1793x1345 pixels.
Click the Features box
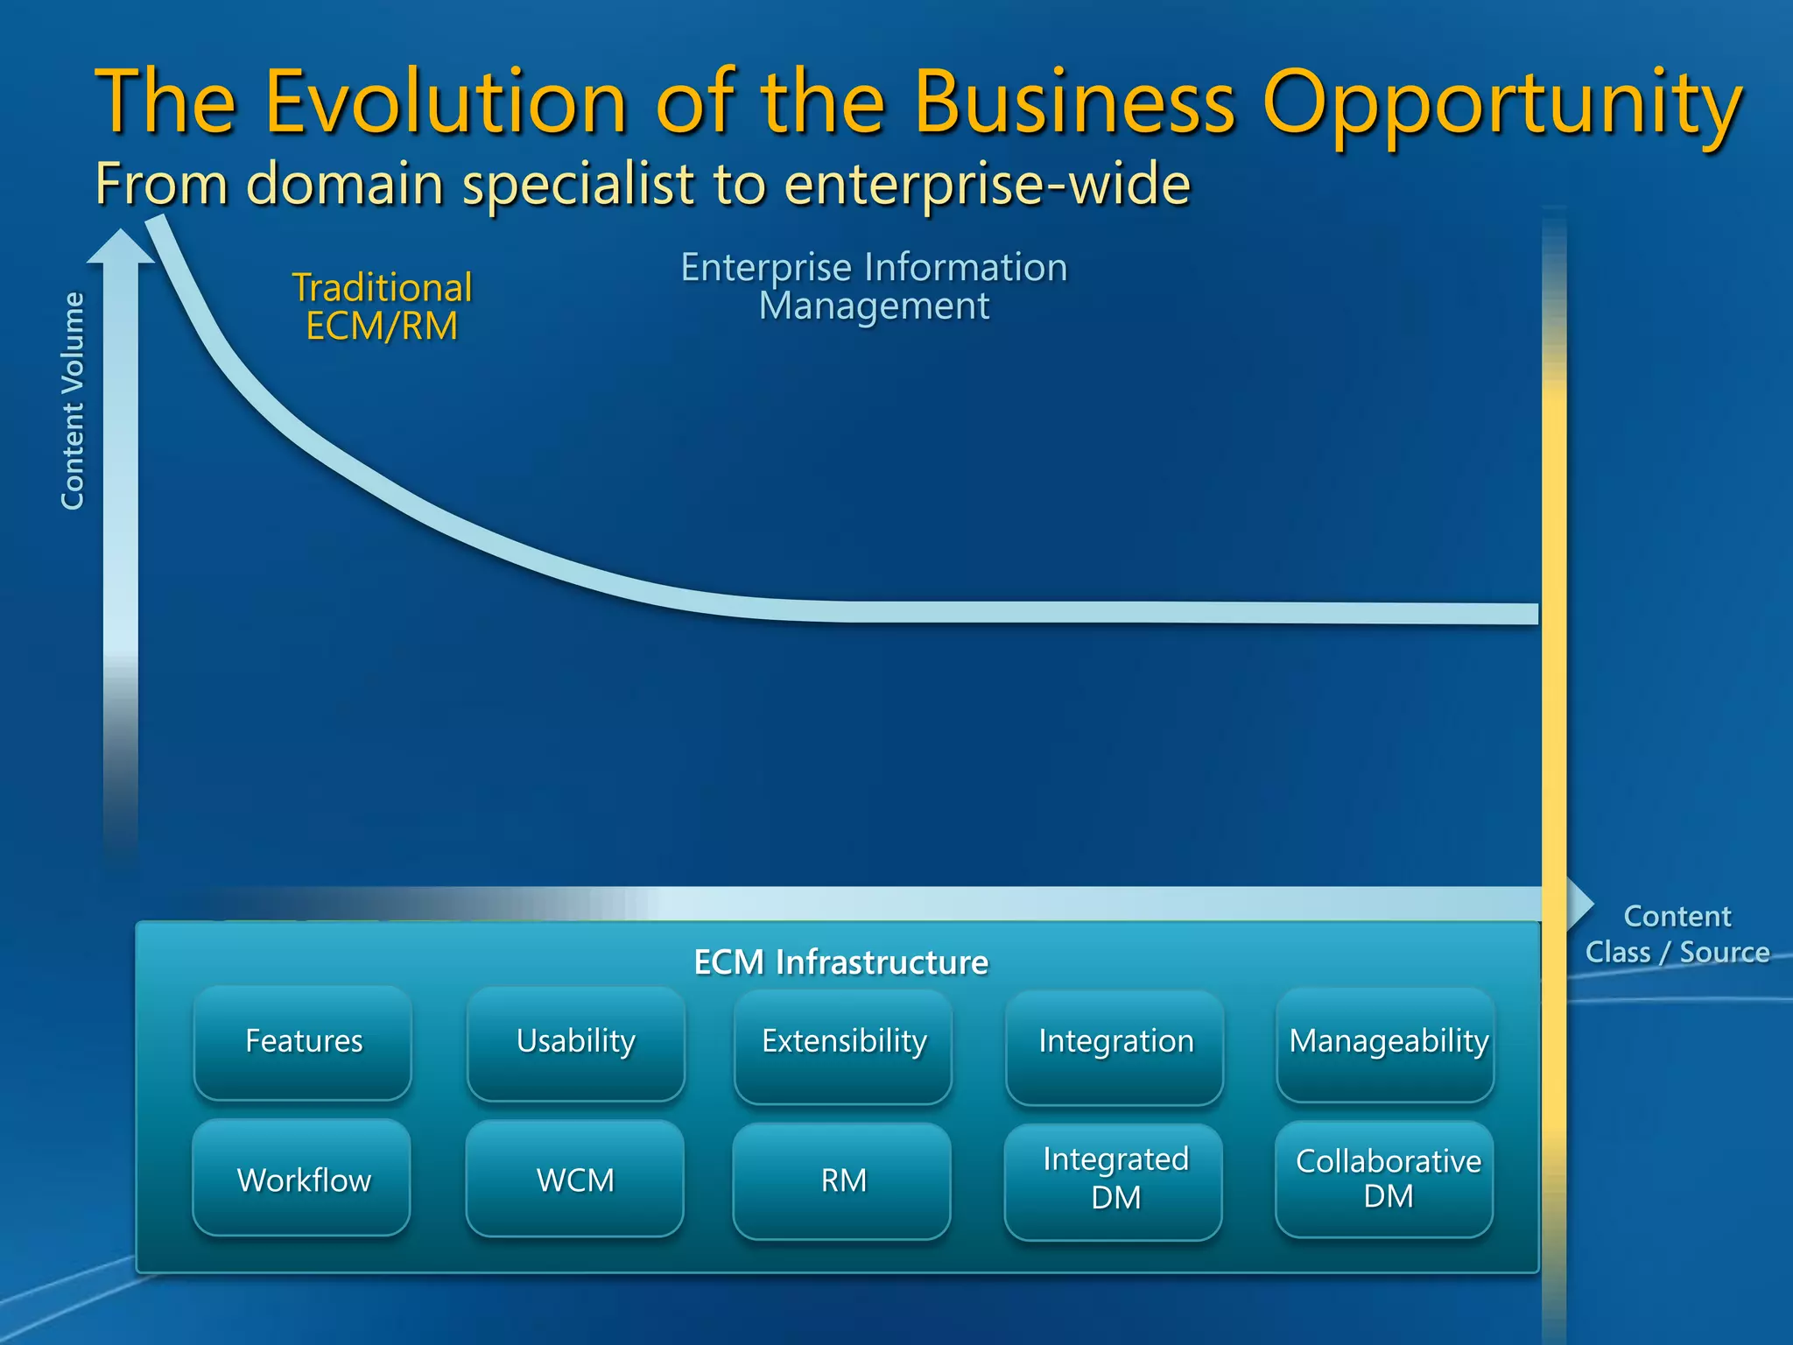(x=303, y=1042)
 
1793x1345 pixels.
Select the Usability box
(x=575, y=1042)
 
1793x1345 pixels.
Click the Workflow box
(x=303, y=1180)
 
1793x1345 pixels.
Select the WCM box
(x=575, y=1180)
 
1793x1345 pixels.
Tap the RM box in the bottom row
(x=843, y=1180)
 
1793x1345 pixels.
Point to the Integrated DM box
(x=1115, y=1180)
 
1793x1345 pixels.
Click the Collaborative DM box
(x=1387, y=1180)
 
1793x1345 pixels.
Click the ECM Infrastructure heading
(x=840, y=962)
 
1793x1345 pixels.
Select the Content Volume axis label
(x=73, y=401)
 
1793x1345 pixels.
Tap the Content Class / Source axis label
(x=1677, y=934)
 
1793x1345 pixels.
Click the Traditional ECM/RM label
(x=382, y=306)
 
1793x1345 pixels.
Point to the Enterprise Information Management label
(x=874, y=286)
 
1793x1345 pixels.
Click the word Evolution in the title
(x=446, y=102)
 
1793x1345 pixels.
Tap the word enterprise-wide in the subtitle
(x=987, y=185)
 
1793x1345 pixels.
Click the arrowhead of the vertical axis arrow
(x=121, y=246)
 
